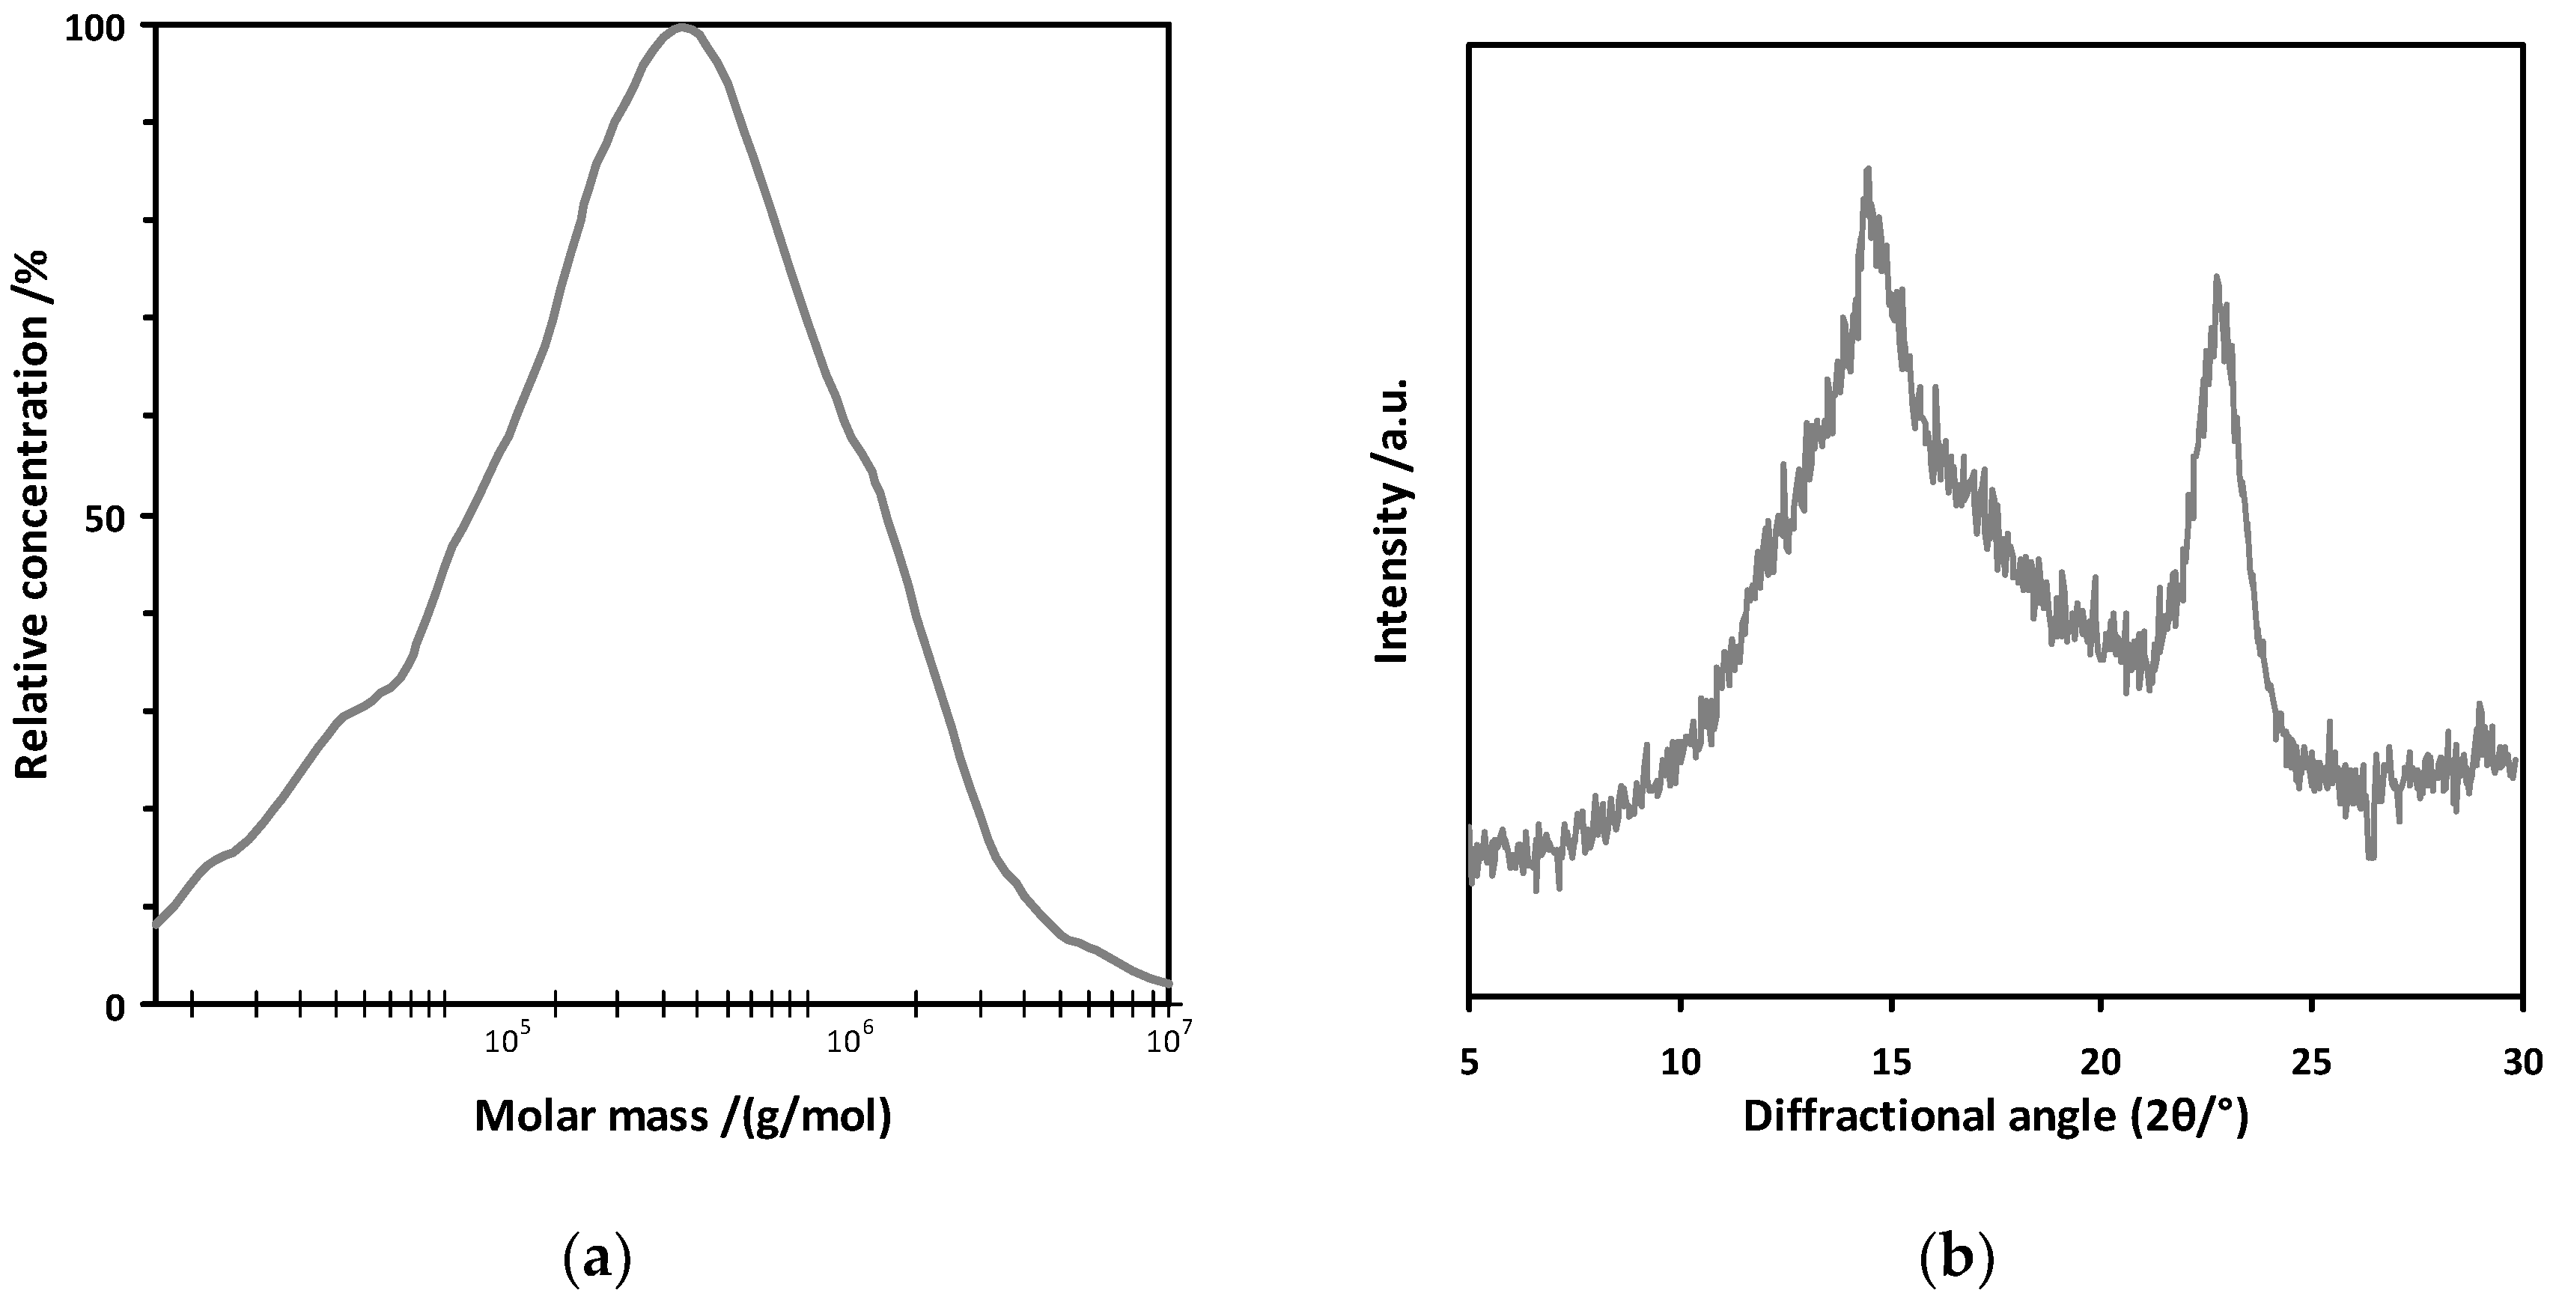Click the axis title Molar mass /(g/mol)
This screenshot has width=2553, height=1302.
[x=683, y=1117]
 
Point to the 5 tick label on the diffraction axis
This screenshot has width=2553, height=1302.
[x=1469, y=1063]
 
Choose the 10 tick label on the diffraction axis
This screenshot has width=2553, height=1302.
[x=1680, y=1063]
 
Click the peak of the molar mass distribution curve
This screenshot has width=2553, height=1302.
[x=683, y=27]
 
